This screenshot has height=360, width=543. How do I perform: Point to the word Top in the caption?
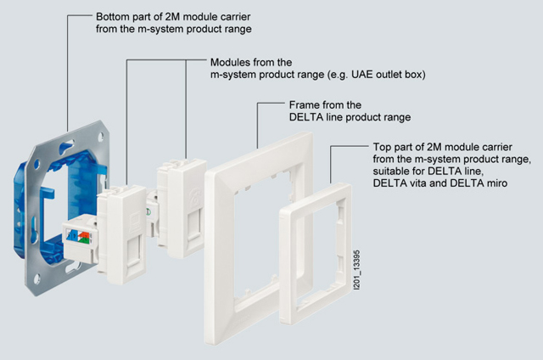point(384,147)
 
